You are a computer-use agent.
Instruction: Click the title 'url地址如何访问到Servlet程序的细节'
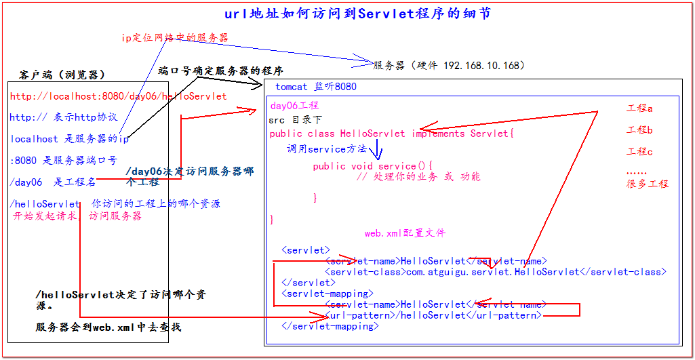click(x=357, y=14)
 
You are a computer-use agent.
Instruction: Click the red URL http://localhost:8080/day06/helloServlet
click(x=118, y=96)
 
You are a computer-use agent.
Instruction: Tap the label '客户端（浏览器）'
click(x=62, y=74)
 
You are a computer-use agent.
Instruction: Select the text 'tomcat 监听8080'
click(x=315, y=87)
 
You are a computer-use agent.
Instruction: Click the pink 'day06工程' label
click(x=294, y=106)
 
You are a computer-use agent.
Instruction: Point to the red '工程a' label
click(x=639, y=108)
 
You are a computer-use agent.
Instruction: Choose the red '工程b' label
click(x=639, y=130)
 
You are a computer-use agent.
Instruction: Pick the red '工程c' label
click(x=639, y=152)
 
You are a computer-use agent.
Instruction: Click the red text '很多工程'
click(x=647, y=184)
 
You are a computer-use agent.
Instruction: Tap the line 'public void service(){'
click(x=372, y=166)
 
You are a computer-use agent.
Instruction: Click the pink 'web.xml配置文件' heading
click(x=405, y=233)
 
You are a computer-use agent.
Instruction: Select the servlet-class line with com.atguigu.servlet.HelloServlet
click(x=496, y=272)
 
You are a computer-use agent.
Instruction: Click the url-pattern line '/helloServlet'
click(x=434, y=315)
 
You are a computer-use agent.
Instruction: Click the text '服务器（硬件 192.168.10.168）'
click(x=449, y=66)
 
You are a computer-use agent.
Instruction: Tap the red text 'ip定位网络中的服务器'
click(x=174, y=38)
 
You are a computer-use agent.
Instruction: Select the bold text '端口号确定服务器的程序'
click(x=220, y=71)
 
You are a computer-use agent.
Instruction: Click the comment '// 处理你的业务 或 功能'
click(x=418, y=177)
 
